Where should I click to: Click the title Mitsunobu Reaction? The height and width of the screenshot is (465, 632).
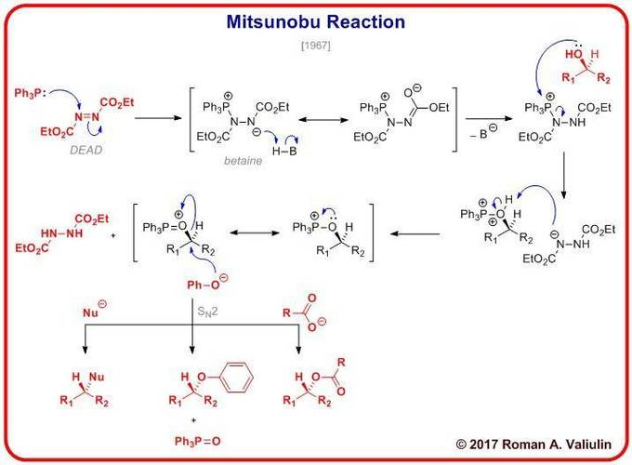tap(316, 22)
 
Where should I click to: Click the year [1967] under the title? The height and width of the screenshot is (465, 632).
tap(317, 46)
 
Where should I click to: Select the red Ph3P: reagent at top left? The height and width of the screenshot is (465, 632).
tap(30, 94)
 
